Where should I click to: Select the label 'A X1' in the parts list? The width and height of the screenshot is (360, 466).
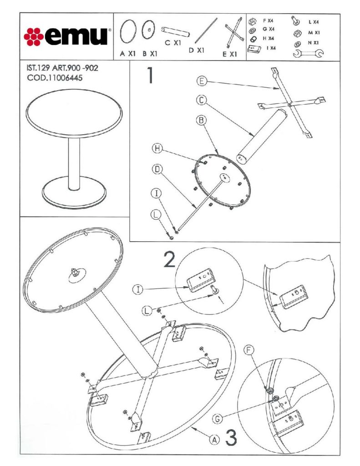[x=128, y=53]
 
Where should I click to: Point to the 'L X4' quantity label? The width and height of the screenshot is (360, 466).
[x=313, y=22]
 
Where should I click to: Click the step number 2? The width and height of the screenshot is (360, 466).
[x=169, y=259]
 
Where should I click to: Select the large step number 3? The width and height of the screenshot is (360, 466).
[x=231, y=438]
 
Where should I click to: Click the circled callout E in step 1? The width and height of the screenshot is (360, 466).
[x=203, y=81]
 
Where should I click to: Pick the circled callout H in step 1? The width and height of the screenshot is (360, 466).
[x=156, y=148]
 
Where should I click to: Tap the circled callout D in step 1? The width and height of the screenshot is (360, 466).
[x=156, y=169]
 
